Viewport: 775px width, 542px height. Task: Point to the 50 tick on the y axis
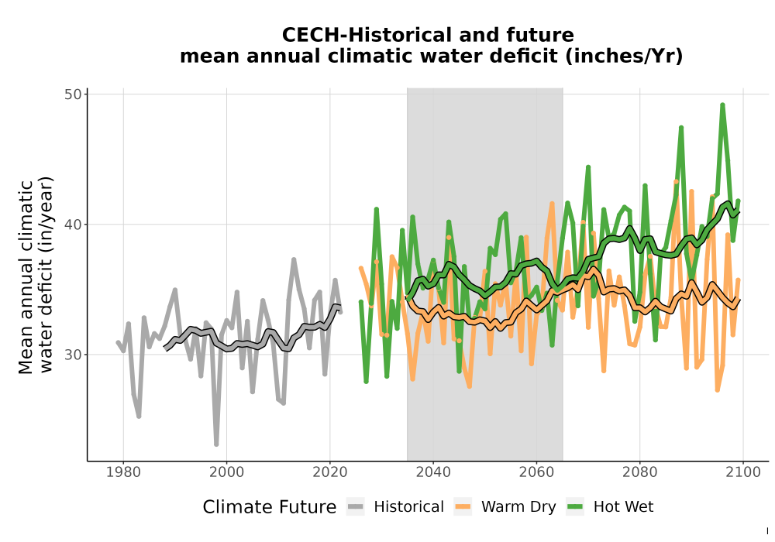coord(72,94)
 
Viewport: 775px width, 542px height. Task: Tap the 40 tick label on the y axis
coord(72,224)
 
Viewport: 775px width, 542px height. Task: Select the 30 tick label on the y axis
coord(72,355)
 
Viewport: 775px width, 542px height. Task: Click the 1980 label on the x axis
coord(123,472)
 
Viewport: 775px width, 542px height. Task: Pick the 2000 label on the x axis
coord(226,472)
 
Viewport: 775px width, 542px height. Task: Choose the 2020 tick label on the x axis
coord(329,472)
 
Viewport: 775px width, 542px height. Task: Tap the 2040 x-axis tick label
coord(433,472)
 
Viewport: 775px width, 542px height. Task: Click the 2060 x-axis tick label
coord(536,472)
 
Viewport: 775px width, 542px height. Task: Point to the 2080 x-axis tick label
coord(639,472)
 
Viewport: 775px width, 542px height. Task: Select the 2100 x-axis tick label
coord(743,472)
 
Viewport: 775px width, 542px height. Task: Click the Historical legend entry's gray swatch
coord(356,506)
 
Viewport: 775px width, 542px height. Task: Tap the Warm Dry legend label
coord(518,507)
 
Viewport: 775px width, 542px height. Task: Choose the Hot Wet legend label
coord(623,507)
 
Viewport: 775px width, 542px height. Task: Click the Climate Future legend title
coord(270,507)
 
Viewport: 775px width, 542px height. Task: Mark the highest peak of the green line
coord(722,105)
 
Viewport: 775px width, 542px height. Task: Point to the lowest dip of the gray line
coord(216,444)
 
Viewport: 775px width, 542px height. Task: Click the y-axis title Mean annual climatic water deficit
coord(35,276)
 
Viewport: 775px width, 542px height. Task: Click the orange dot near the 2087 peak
coord(676,182)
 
